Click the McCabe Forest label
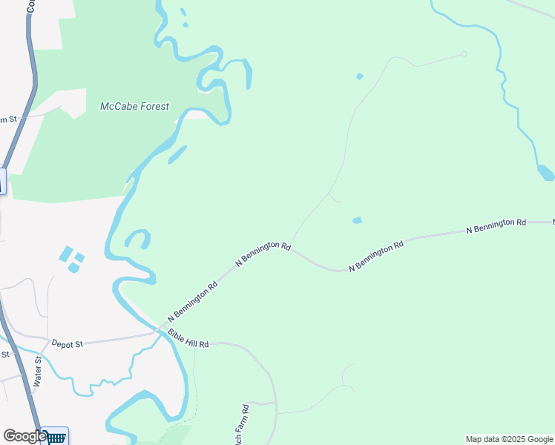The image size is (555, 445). pos(134,106)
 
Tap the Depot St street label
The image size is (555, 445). pos(68,343)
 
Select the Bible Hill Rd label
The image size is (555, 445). pos(188,339)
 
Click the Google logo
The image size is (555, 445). pos(24,436)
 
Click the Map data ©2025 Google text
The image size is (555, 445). pos(509,439)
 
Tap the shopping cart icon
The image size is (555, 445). pos(56,437)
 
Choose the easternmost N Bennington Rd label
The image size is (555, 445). pos(496,225)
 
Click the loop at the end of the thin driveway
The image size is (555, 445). pos(464,53)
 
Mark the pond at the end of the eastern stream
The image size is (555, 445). pos(545,174)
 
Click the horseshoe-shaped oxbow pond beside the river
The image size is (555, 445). pos(137,239)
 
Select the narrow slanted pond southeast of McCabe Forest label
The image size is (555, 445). pos(177,154)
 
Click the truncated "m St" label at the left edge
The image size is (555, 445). pos(7,120)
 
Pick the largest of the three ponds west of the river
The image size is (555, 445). pos(66,254)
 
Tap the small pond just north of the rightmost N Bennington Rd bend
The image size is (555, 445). pos(357,220)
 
